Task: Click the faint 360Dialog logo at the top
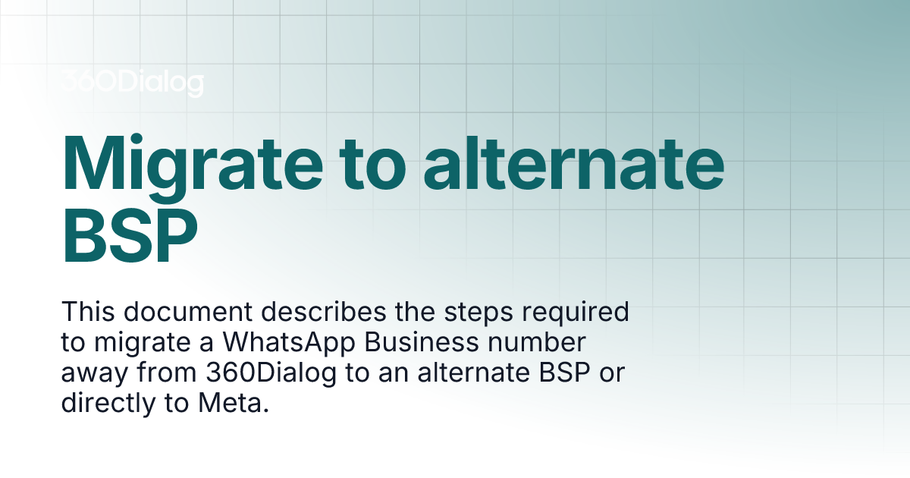coord(132,83)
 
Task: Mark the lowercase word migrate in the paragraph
coord(141,343)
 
